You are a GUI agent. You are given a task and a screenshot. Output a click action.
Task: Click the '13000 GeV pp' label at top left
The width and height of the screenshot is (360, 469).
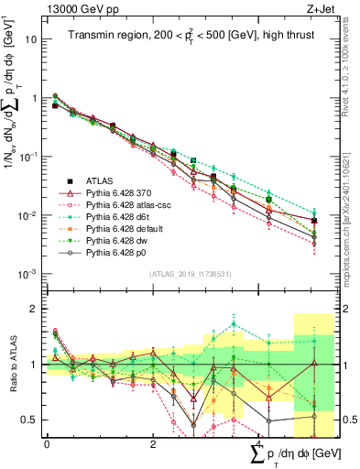point(76,9)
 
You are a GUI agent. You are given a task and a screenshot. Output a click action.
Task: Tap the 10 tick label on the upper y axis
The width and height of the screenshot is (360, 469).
point(30,39)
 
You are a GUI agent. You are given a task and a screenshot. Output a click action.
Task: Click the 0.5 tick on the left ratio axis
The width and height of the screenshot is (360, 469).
point(29,420)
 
